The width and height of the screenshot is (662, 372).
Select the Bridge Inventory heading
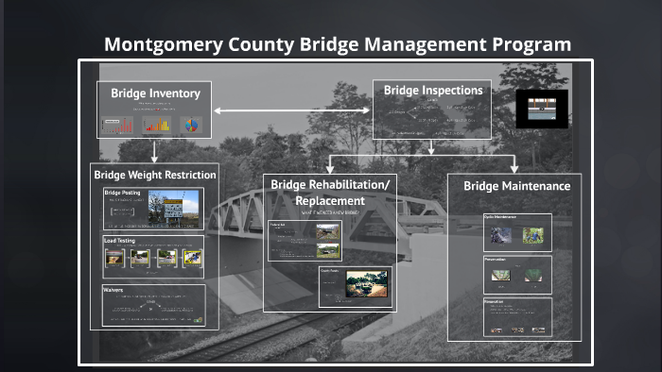click(155, 93)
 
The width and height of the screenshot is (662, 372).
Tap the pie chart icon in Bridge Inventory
click(192, 125)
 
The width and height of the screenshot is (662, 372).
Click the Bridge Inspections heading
click(432, 91)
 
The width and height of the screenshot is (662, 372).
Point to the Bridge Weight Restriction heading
click(154, 175)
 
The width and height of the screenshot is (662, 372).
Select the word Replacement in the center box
click(329, 201)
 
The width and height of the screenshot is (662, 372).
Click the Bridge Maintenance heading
click(516, 186)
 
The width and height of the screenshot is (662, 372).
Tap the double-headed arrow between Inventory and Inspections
click(290, 111)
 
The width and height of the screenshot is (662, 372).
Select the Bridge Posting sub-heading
click(122, 193)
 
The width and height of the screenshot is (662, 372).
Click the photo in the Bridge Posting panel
click(181, 206)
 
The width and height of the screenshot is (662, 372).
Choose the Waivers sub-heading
click(113, 290)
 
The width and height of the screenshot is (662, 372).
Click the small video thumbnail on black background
click(541, 109)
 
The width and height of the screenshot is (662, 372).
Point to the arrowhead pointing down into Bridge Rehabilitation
click(330, 166)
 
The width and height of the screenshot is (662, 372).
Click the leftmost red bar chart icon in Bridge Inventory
click(118, 126)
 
